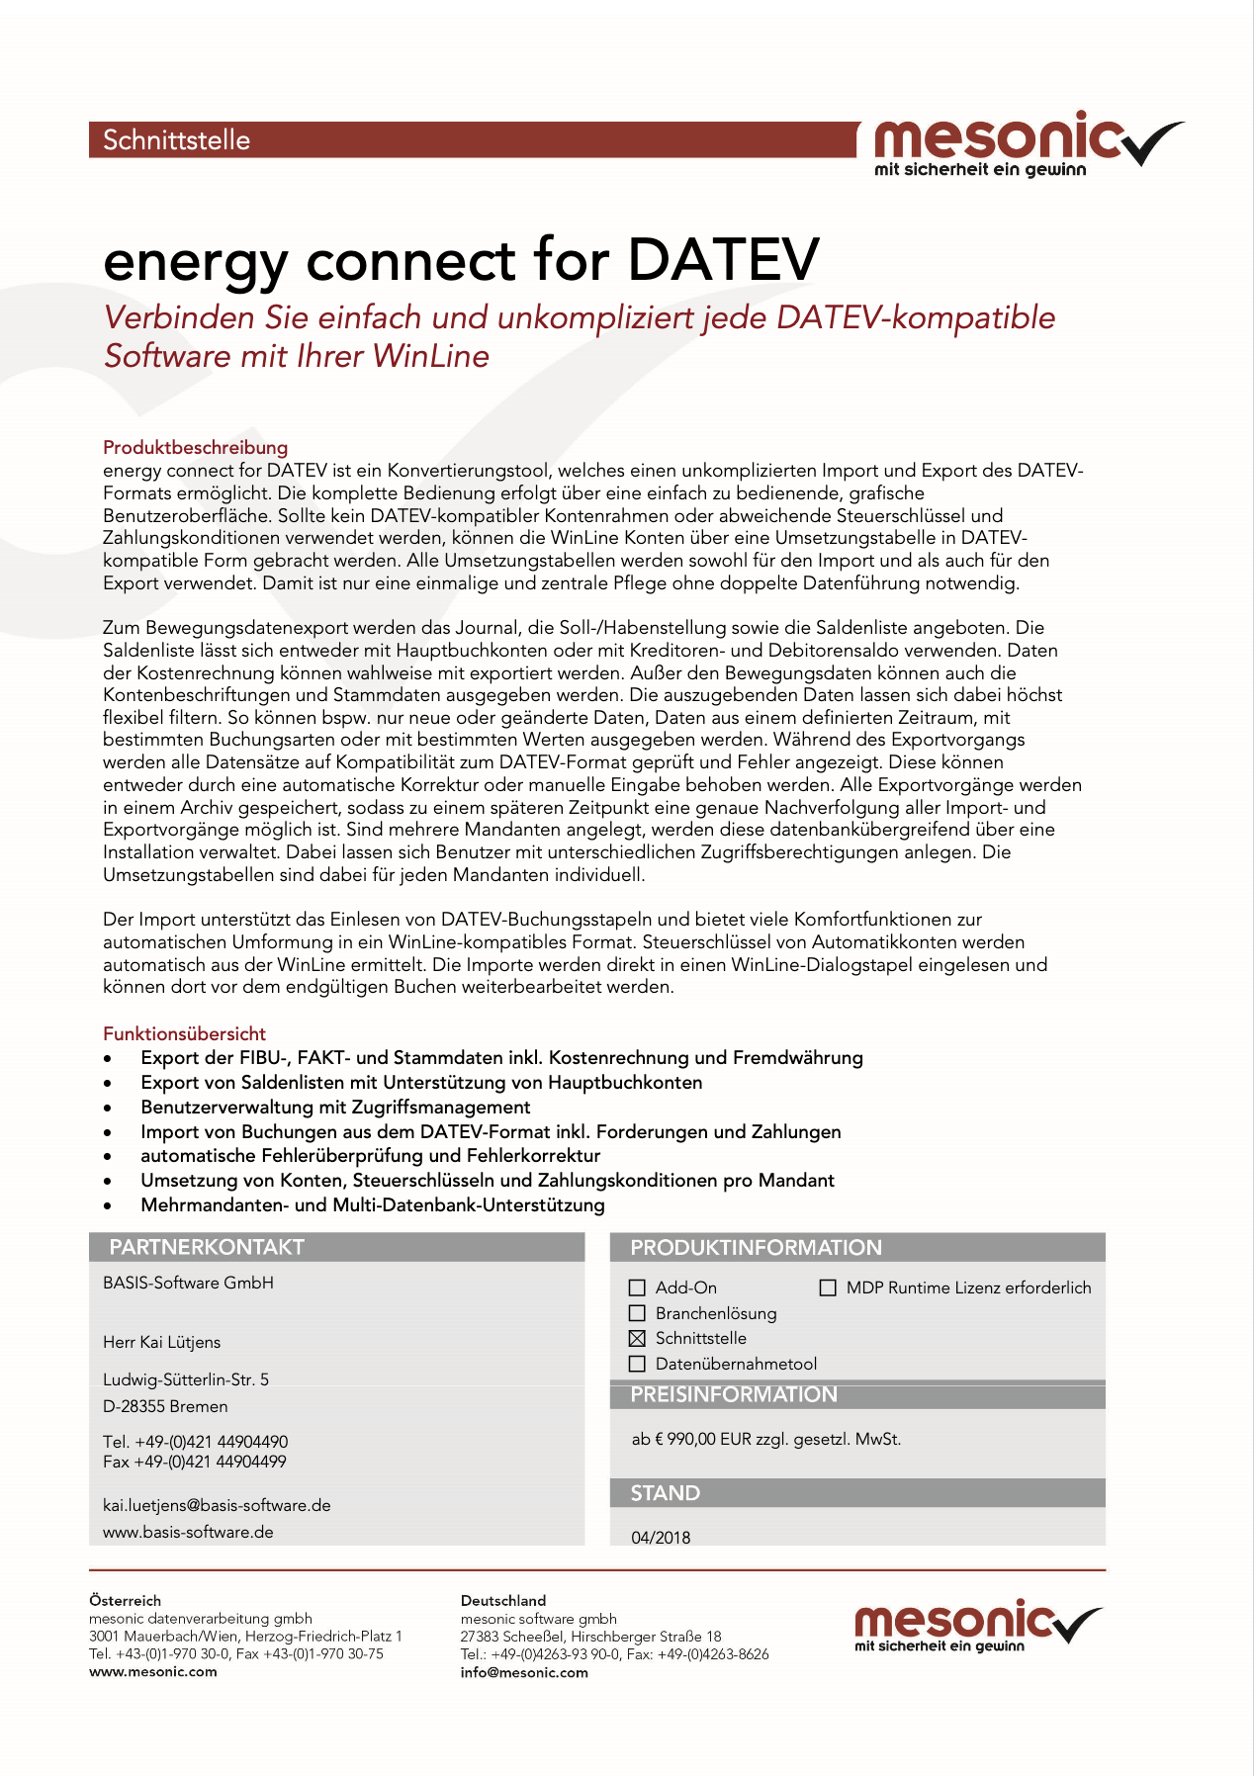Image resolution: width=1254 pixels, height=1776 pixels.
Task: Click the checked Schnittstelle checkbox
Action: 637,1339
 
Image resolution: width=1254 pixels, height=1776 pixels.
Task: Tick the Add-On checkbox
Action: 637,1288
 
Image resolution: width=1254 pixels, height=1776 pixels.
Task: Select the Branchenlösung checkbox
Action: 637,1313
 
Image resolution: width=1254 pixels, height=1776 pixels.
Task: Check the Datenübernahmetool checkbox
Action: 637,1365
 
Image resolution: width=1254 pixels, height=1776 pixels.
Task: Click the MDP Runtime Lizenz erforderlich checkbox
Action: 828,1288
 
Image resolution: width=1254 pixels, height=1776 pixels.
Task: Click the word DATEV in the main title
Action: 724,261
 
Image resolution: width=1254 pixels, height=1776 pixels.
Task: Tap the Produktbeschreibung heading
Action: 195,447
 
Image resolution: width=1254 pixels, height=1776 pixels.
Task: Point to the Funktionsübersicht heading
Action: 184,1033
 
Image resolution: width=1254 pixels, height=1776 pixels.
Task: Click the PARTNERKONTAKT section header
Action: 207,1247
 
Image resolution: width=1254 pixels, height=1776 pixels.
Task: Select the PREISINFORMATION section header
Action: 734,1394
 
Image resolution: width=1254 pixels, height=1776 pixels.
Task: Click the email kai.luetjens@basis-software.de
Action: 217,1505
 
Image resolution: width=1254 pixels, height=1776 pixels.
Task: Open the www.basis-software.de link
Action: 188,1532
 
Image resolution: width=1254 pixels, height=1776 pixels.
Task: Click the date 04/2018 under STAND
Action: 661,1538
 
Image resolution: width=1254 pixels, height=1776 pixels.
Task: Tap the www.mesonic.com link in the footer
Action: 153,1672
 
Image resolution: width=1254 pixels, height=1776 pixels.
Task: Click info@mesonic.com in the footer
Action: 524,1673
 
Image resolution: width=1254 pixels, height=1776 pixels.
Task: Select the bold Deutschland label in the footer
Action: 503,1600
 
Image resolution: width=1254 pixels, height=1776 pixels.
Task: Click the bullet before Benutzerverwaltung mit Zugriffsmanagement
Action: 108,1109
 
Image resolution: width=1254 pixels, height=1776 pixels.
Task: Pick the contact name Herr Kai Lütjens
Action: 161,1342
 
